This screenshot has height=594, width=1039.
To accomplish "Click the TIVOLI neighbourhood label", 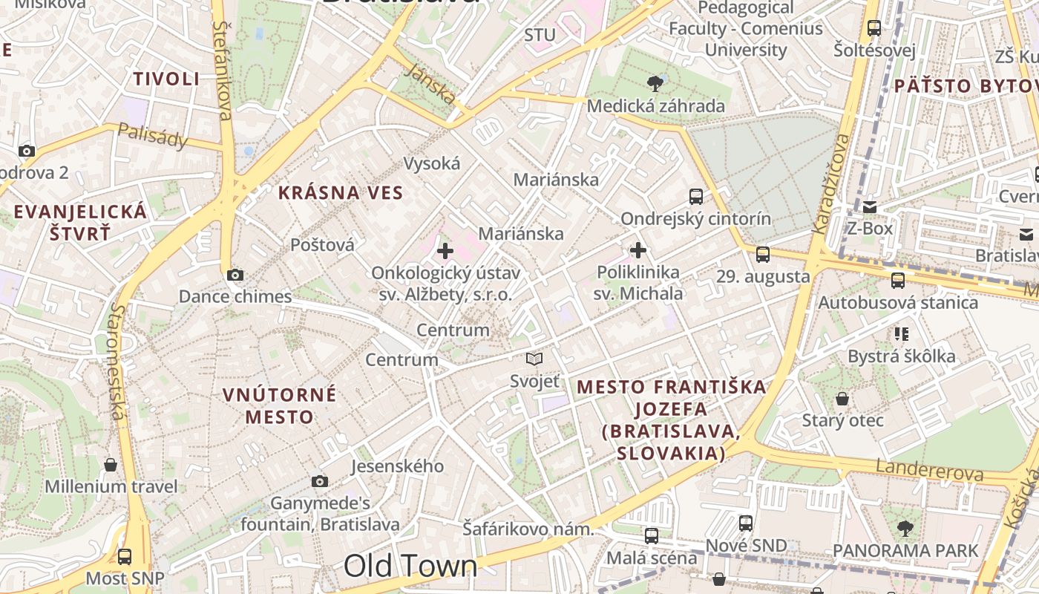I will point(166,79).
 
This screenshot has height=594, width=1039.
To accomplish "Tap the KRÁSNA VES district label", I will point(341,193).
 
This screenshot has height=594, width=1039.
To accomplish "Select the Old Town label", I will point(410,566).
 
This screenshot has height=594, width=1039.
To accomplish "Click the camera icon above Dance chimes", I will point(235,275).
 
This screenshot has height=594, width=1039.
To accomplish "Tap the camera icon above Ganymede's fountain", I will point(320,482).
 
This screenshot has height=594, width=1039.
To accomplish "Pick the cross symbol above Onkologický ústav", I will point(445,251).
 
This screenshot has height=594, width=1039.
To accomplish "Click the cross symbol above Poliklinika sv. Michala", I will point(638,250).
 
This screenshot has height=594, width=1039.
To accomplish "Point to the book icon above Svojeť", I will point(534,359).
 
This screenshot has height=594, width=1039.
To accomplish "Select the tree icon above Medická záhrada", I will point(655,83).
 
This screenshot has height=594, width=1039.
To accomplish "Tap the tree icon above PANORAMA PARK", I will point(905,529).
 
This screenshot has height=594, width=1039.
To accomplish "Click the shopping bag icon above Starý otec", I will point(842,399).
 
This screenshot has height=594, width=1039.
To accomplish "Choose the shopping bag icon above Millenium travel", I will point(111,466).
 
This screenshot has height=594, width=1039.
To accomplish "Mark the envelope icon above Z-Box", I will point(869,207).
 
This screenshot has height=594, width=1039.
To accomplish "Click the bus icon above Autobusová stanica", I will point(898,281).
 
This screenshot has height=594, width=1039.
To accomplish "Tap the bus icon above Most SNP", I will point(125,556).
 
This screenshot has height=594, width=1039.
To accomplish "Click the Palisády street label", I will point(152,136).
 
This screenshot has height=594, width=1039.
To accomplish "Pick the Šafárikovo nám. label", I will point(528,529).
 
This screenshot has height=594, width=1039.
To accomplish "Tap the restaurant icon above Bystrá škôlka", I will point(902,334).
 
